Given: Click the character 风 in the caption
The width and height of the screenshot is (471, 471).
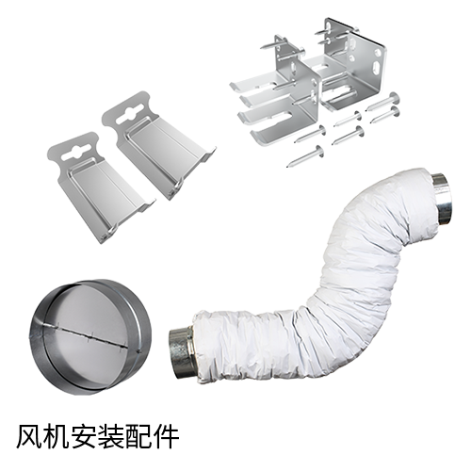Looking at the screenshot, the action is pos(30,436).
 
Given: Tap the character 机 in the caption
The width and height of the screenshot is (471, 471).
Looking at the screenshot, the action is pos(57,436).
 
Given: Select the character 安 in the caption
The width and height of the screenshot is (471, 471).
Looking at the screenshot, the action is pos(84,436).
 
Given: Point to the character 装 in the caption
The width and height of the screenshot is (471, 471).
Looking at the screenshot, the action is pos(111,436).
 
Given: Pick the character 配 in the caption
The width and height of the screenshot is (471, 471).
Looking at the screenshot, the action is pos(138,436).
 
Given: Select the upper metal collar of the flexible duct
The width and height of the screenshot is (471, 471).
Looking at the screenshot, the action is pos(442,200).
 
